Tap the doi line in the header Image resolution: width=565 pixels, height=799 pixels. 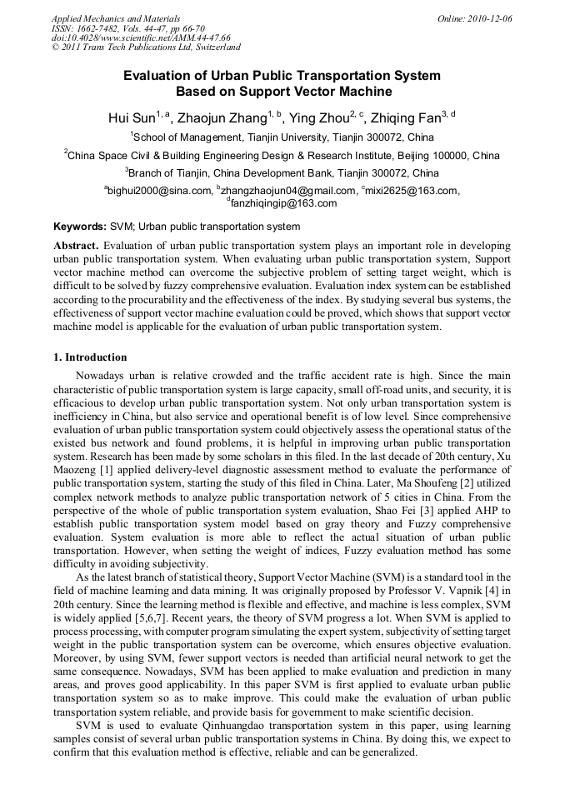[x=141, y=37]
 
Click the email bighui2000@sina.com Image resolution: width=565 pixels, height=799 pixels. [x=160, y=191]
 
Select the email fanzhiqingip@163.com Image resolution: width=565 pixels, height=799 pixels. [x=283, y=203]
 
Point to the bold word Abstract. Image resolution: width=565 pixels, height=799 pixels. [x=76, y=247]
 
